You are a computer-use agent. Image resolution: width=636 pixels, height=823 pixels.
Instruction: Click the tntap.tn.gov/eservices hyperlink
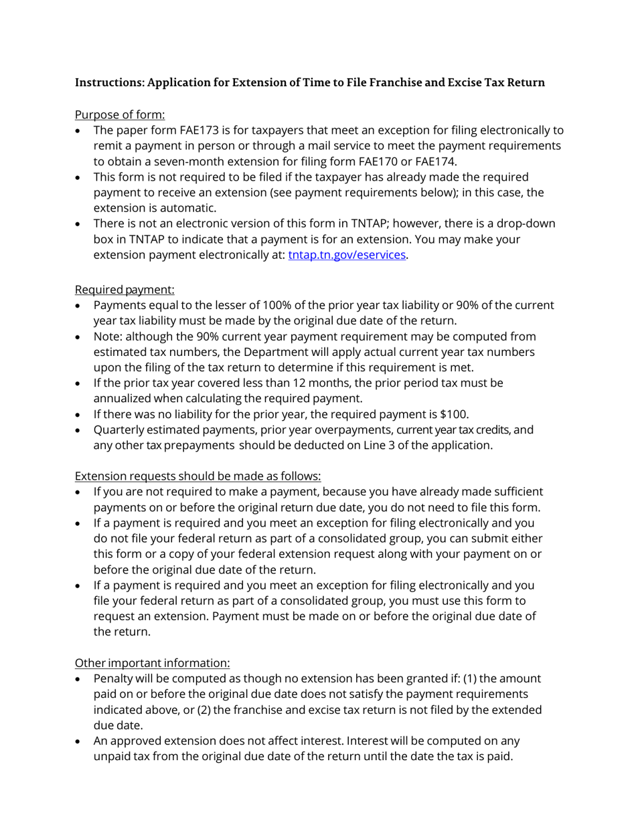point(347,255)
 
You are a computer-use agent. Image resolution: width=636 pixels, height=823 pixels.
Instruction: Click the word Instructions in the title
point(108,83)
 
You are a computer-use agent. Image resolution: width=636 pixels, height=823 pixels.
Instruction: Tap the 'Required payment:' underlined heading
point(125,290)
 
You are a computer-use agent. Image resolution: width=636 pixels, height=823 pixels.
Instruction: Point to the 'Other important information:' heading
point(152,662)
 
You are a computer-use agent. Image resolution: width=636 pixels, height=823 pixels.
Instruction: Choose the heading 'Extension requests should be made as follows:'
point(197,476)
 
